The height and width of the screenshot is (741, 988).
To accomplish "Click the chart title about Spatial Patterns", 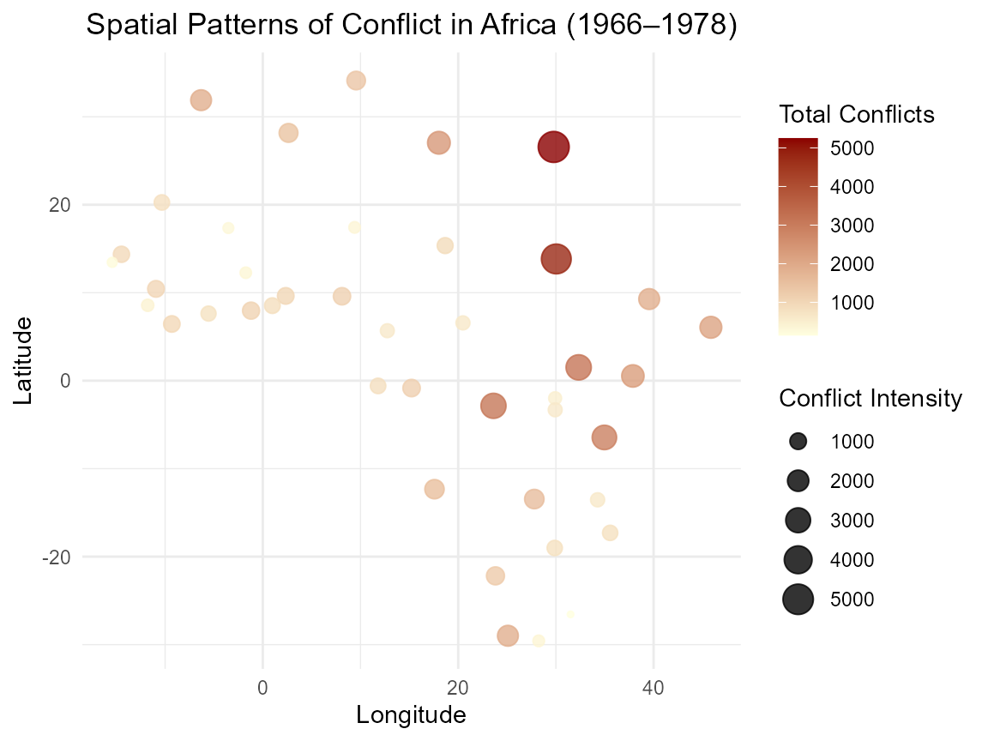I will coord(412,26).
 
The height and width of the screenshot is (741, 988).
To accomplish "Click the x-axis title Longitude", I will coord(411,714).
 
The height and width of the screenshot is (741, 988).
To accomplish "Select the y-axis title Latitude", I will coord(23,360).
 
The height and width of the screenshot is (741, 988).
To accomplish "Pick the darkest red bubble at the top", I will coord(554,148).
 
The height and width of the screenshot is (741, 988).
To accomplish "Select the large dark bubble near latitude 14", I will coord(557,259).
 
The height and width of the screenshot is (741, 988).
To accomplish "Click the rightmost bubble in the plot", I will coord(710,328).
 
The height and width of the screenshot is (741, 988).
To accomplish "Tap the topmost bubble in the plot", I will coord(356,81).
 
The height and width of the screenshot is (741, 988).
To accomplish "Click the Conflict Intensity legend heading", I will coord(870,399).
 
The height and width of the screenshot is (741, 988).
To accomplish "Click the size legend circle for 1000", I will coord(798,442).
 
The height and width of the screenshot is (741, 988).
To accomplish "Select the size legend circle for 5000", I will coord(798,599).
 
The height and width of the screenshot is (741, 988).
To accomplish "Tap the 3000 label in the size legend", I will coord(852,521).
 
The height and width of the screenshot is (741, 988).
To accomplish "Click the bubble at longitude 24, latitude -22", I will coord(495,575).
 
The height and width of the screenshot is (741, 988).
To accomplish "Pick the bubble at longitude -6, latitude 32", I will coord(201,100).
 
